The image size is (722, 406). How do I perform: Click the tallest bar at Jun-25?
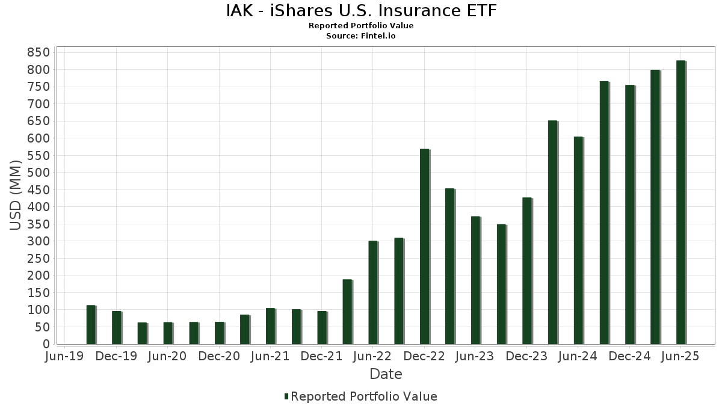click(680, 202)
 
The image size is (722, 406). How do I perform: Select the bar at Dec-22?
click(424, 247)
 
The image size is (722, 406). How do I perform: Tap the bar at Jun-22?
click(373, 292)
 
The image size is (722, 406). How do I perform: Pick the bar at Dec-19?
click(117, 327)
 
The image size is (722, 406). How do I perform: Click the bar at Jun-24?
click(578, 241)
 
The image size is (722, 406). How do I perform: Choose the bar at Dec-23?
click(527, 271)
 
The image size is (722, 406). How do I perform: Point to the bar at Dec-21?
click(322, 327)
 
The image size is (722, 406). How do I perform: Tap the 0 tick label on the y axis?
click(45, 344)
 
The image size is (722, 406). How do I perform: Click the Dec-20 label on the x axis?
click(219, 356)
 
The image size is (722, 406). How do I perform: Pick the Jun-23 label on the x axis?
click(475, 356)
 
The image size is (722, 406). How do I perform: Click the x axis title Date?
click(386, 374)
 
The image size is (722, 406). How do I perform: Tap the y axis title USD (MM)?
click(16, 195)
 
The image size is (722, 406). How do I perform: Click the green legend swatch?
click(286, 396)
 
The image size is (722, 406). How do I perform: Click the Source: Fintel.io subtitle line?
click(361, 35)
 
